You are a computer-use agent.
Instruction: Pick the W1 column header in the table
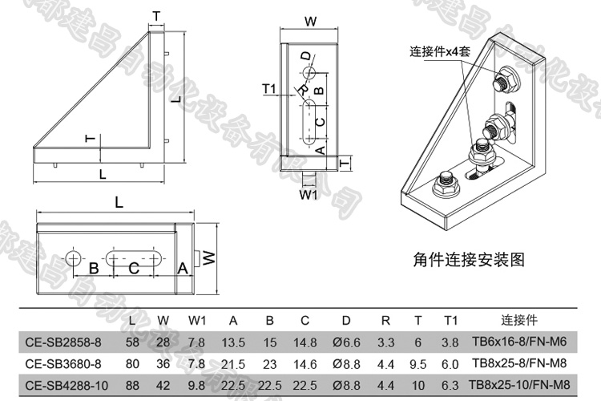pos(197,321)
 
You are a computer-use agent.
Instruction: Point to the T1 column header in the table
pos(450,321)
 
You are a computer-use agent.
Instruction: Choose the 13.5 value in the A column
pos(232,342)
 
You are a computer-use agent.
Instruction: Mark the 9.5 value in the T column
pos(417,363)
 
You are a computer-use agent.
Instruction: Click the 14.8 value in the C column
pos(305,342)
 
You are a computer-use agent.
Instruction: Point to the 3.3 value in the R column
pos(385,342)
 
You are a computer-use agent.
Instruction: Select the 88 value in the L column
pos(132,385)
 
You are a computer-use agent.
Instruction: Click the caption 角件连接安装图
pos(469,259)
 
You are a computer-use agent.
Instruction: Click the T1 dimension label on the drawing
pos(269,88)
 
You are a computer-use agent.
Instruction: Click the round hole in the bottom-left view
pos(74,258)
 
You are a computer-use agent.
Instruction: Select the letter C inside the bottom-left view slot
pos(134,268)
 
